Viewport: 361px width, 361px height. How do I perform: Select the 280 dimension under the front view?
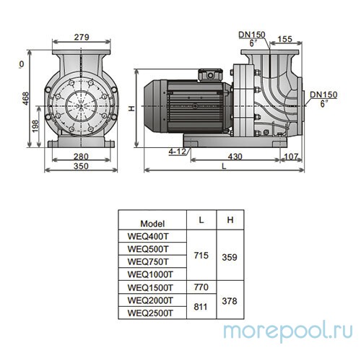point(79,157)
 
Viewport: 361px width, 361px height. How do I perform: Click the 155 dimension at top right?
point(305,40)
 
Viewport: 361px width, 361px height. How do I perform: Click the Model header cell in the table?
point(152,223)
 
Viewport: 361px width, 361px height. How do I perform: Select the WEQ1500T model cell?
point(149,287)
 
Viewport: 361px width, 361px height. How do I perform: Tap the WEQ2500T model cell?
point(149,313)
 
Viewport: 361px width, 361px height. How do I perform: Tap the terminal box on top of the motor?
point(212,74)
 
